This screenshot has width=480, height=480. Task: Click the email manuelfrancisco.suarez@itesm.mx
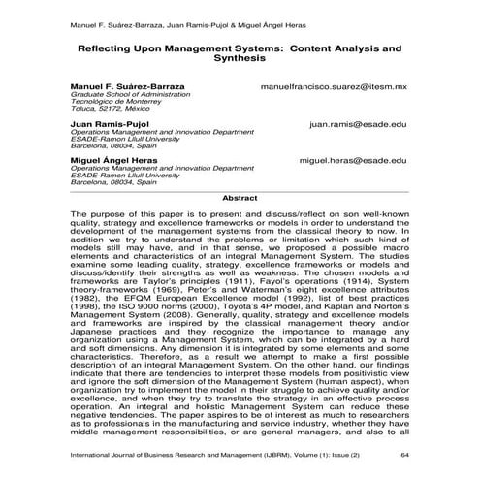click(x=333, y=87)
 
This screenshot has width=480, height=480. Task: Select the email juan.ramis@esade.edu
click(x=358, y=125)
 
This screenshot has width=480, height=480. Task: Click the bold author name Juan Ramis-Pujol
click(x=107, y=125)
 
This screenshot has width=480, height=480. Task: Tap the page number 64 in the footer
click(x=405, y=453)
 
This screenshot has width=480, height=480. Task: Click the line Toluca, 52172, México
click(x=112, y=111)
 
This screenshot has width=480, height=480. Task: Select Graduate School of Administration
click(x=136, y=95)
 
